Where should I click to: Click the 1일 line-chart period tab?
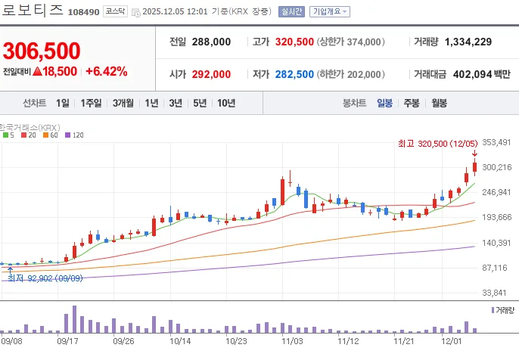click(x=63, y=103)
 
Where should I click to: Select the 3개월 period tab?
click(x=123, y=103)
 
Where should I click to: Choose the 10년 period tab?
click(x=226, y=103)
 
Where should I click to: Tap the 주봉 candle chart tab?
click(x=412, y=103)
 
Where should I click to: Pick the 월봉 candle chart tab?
click(x=440, y=103)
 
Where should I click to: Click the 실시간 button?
click(x=291, y=11)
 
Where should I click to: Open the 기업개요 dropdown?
click(x=330, y=11)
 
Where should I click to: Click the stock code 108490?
click(x=83, y=12)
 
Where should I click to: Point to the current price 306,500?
click(x=42, y=51)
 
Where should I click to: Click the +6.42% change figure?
click(x=107, y=71)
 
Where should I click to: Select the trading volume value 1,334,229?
click(x=468, y=42)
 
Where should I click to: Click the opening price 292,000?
click(x=211, y=74)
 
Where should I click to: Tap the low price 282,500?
click(x=294, y=74)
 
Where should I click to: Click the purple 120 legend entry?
click(x=74, y=135)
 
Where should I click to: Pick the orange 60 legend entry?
click(x=51, y=135)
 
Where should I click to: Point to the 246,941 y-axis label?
click(x=496, y=192)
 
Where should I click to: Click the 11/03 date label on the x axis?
click(x=292, y=341)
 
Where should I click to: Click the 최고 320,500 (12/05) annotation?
click(x=437, y=144)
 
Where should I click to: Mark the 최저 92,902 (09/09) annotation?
click(x=45, y=278)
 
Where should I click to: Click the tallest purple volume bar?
click(x=74, y=319)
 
